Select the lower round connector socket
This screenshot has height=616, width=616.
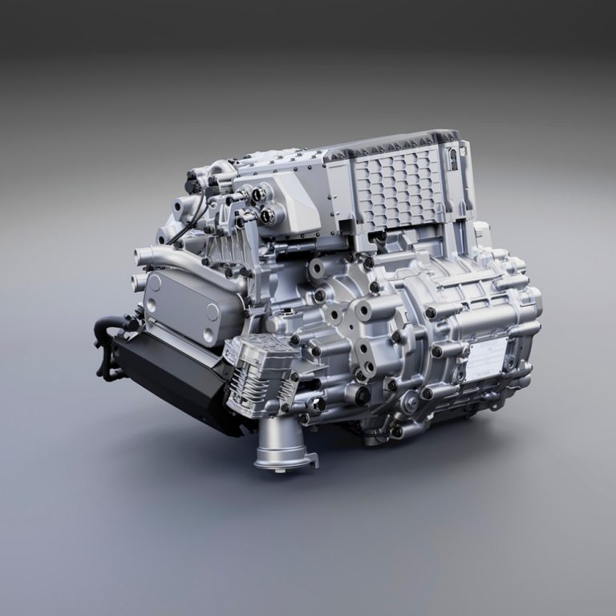(269, 214)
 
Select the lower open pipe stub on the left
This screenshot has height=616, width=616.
(139, 282)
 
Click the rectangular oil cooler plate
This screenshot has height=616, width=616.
(183, 305)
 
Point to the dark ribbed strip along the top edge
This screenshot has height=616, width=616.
(385, 144)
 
